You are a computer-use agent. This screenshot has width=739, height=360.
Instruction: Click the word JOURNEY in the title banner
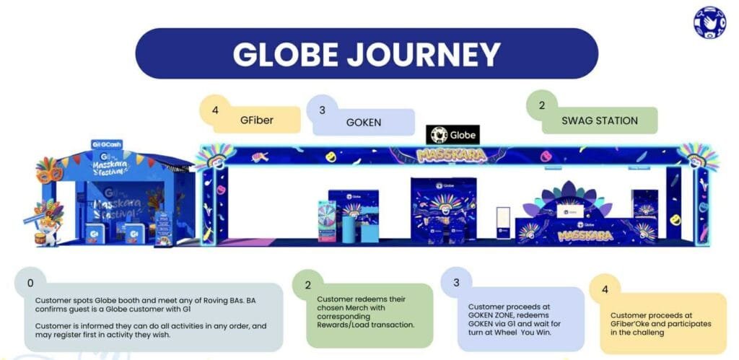click(x=426, y=54)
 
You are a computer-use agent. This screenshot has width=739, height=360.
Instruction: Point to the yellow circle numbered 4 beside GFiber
click(x=214, y=110)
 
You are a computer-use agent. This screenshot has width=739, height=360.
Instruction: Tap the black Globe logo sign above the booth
click(x=452, y=135)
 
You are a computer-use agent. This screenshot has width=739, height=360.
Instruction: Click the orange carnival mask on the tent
click(x=50, y=170)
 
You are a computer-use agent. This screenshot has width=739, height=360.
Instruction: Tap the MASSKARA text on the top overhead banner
click(x=451, y=154)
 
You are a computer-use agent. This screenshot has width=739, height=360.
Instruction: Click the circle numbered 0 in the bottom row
click(x=30, y=282)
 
